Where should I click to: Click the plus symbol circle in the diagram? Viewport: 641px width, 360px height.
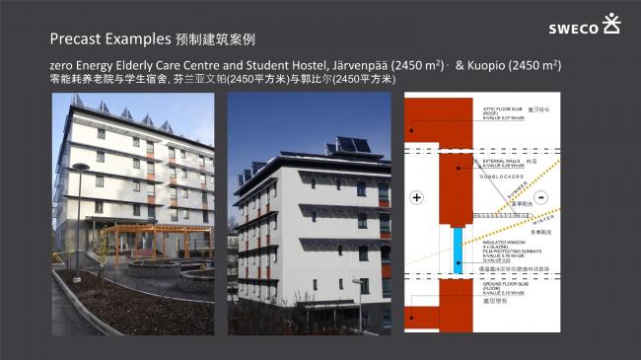(416, 198)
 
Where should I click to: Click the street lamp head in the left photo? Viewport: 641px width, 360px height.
(80, 168)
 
